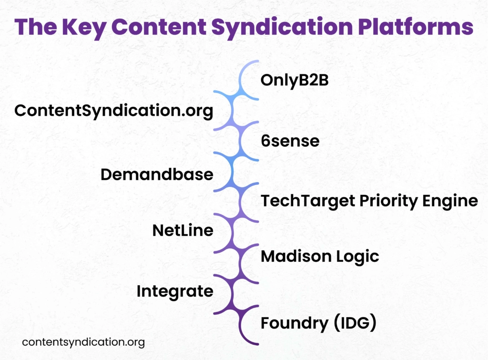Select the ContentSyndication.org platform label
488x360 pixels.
point(113,111)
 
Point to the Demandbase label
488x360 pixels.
point(157,175)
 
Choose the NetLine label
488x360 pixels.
point(183,231)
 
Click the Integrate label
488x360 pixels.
point(175,291)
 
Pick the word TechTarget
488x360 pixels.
point(300,201)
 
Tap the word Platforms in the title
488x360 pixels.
point(410,27)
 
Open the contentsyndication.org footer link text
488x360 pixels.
point(83,342)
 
